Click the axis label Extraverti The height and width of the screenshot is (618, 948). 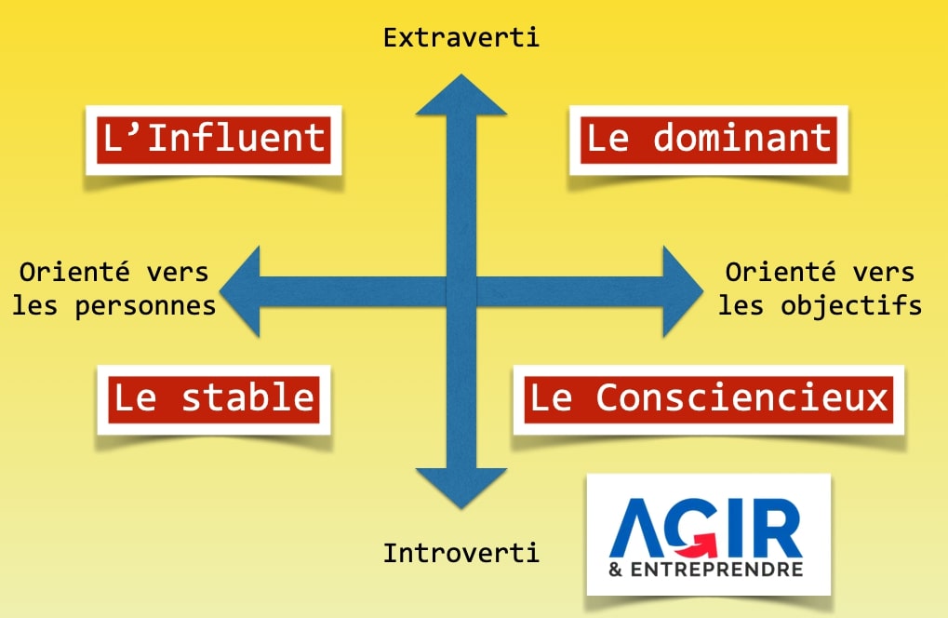click(x=461, y=38)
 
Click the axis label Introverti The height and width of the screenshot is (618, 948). click(x=461, y=553)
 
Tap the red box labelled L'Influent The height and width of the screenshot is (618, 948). click(x=213, y=139)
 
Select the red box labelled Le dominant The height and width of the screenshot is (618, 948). click(x=708, y=139)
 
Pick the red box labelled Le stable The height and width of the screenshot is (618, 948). click(x=213, y=397)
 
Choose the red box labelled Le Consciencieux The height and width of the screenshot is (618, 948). click(x=708, y=397)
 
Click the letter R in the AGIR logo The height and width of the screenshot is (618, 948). click(x=777, y=528)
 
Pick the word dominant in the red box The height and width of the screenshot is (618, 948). click(x=741, y=139)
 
